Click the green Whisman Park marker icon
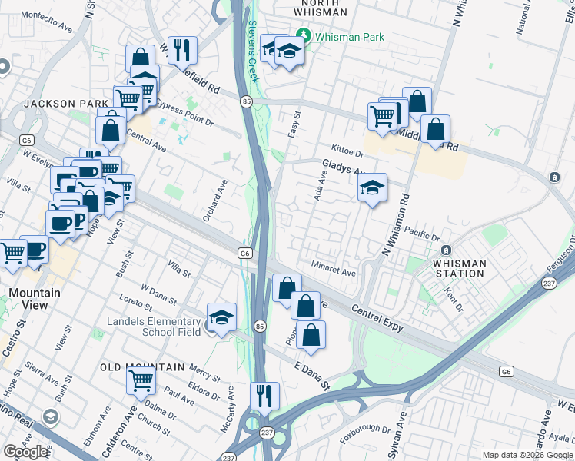point(304,36)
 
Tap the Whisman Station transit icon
point(445,250)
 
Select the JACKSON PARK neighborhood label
point(60,104)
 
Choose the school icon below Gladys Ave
point(372,189)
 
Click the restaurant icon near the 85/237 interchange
point(264,396)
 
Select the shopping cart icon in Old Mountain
point(141,380)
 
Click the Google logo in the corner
point(25,452)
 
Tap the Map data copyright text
point(527,455)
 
